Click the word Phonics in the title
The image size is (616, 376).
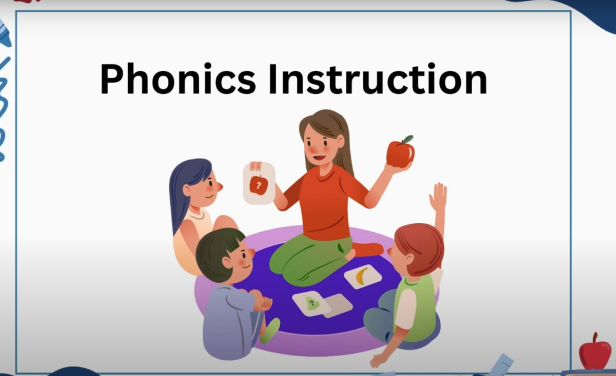[x=178, y=78]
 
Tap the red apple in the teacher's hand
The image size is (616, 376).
[x=400, y=152]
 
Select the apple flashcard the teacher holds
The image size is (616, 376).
[x=259, y=183]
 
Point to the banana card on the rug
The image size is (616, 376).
[x=363, y=276]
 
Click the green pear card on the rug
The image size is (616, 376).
[x=312, y=303]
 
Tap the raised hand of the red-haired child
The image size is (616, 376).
[x=438, y=197]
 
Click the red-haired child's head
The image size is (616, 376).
[x=416, y=250]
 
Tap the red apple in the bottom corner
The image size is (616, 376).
[x=595, y=352]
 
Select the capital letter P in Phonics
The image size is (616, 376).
[x=112, y=79]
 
